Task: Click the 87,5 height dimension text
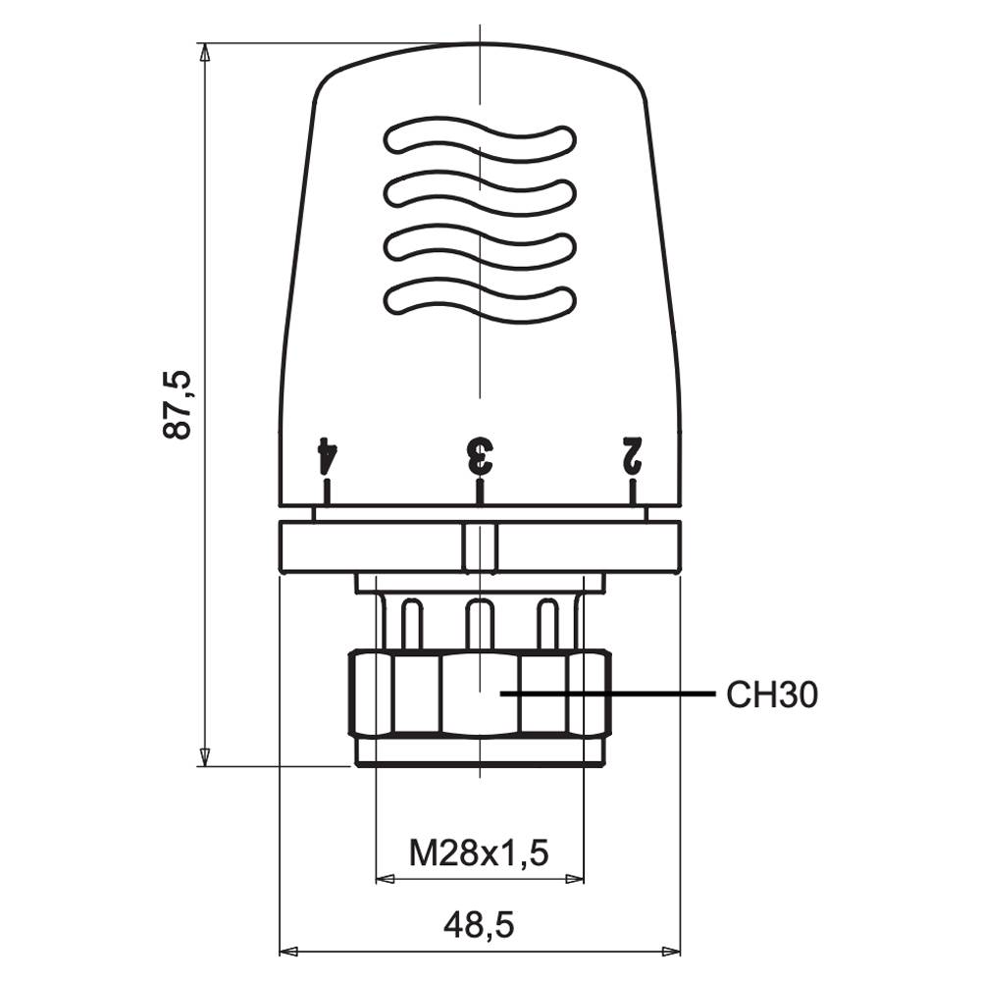click(176, 405)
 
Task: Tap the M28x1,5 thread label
click(479, 852)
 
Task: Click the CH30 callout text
click(772, 695)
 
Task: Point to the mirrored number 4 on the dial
click(328, 455)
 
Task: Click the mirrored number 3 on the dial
click(480, 455)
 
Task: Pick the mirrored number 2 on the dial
click(631, 455)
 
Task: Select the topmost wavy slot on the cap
click(480, 140)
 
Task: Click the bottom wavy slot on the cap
click(480, 300)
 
